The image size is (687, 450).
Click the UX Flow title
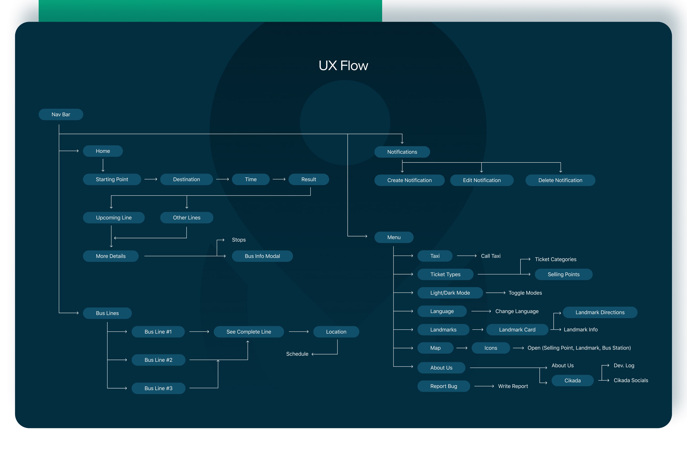(343, 66)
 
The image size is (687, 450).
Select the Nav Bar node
(61, 114)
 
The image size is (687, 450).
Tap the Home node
(103, 151)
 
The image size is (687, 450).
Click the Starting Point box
(112, 179)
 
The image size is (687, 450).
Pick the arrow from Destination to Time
(222, 179)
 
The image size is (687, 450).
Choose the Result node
(309, 179)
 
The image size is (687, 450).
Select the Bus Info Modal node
(262, 256)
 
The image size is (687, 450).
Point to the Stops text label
(239, 240)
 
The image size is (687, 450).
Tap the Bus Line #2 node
(158, 360)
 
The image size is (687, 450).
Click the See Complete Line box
(249, 332)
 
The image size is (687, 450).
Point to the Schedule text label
(297, 354)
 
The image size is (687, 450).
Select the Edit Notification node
(482, 180)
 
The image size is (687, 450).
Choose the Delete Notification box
(560, 180)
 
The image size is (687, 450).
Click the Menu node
(394, 237)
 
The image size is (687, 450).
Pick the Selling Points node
(563, 274)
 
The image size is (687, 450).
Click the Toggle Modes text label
(525, 293)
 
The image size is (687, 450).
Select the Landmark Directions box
(600, 312)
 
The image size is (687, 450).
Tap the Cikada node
(572, 380)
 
